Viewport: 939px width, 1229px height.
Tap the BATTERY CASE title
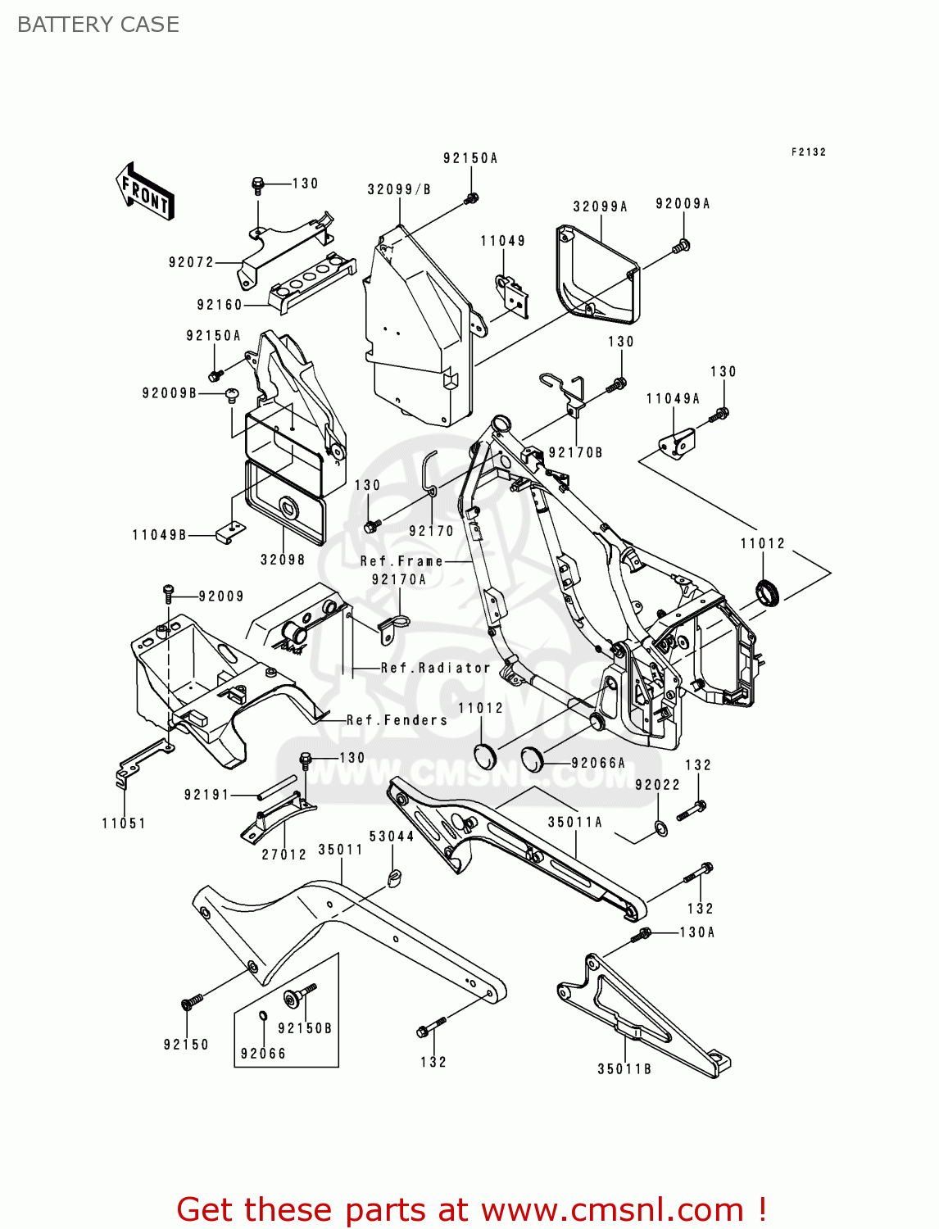point(98,25)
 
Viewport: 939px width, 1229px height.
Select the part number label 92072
point(191,262)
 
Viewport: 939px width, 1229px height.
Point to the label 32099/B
point(399,189)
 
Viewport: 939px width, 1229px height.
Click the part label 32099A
point(600,206)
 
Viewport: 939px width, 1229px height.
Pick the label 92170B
point(575,452)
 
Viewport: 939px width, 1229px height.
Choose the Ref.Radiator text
point(435,668)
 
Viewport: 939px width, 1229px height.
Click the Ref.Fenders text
point(397,720)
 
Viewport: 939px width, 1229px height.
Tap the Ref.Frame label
point(401,561)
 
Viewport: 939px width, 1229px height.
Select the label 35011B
point(624,1068)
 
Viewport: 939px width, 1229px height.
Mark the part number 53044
point(392,836)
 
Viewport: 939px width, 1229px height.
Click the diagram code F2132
point(809,152)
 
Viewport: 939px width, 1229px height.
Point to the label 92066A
point(598,763)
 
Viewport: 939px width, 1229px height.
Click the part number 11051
point(124,823)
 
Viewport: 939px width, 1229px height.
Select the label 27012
point(284,854)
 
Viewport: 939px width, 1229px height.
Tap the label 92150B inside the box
point(305,1028)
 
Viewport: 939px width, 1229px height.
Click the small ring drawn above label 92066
point(263,1017)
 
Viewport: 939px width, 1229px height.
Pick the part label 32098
point(283,560)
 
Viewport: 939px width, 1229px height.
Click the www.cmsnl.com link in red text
point(612,1209)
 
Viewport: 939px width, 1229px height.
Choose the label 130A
point(697,932)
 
